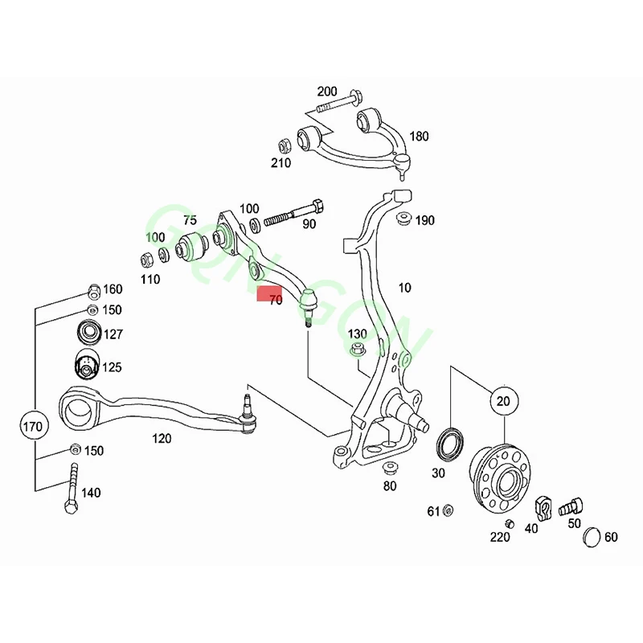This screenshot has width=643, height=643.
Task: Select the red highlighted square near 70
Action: [x=267, y=293]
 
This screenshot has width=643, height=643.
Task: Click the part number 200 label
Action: [x=327, y=91]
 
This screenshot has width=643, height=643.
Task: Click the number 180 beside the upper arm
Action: [x=420, y=137]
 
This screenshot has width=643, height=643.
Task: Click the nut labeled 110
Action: [x=147, y=260]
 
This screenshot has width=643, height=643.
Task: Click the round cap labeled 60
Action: [x=592, y=536]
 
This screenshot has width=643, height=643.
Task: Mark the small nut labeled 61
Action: [x=448, y=510]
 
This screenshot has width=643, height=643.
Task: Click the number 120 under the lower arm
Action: [x=162, y=438]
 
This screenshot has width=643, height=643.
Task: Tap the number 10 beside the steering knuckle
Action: [x=403, y=287]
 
